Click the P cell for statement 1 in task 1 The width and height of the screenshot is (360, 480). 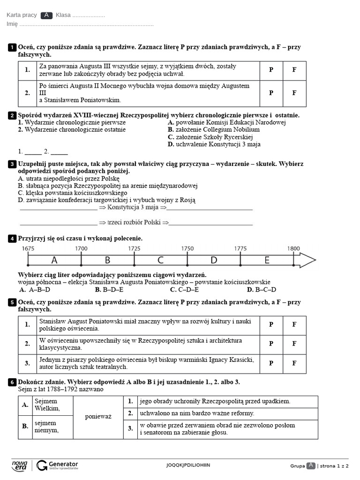coord(271,70)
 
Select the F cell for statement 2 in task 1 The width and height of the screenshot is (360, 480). coord(294,93)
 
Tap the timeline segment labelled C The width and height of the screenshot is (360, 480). coord(160,260)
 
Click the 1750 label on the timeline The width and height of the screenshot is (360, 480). coord(187,248)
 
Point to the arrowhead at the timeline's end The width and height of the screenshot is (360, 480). coord(307,260)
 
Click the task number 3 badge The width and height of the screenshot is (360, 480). coord(12,164)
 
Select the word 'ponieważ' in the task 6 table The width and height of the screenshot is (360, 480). coord(98,417)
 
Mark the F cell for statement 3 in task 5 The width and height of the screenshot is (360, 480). coord(294,363)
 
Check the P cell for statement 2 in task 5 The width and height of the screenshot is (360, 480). coord(271,344)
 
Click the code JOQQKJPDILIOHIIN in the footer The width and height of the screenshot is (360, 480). coord(188,465)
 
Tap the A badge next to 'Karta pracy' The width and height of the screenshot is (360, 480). coord(46,15)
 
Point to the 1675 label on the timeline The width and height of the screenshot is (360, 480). coord(28,248)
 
